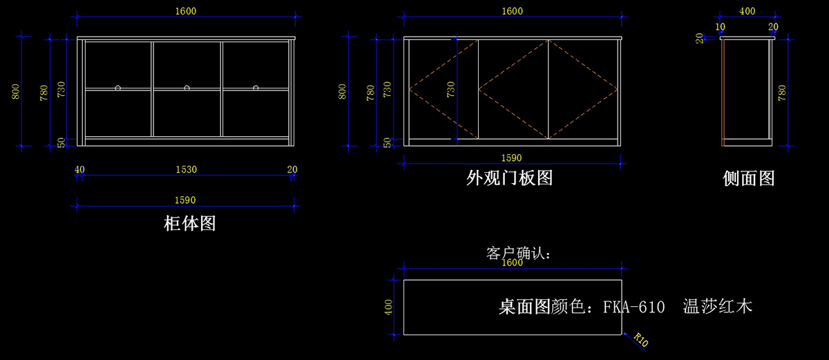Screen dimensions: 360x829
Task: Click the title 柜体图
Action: click(189, 224)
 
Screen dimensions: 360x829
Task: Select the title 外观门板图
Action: click(509, 178)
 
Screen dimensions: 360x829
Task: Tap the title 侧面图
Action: click(748, 178)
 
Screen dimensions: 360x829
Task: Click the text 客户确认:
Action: click(519, 254)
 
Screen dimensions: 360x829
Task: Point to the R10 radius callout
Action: click(640, 340)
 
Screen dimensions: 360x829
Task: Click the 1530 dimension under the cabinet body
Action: click(186, 169)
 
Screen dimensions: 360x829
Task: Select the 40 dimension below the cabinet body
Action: click(79, 169)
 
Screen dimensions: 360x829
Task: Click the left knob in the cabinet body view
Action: click(118, 88)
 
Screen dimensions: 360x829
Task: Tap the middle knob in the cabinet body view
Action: click(187, 88)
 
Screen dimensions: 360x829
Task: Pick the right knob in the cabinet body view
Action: click(256, 88)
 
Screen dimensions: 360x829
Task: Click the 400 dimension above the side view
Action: click(747, 12)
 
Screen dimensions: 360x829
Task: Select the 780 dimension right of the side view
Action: click(783, 93)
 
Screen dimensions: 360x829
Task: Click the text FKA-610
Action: click(633, 306)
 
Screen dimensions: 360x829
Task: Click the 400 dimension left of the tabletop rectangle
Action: click(388, 307)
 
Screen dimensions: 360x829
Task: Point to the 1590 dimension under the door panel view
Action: click(511, 158)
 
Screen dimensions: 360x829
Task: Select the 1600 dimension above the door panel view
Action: click(512, 11)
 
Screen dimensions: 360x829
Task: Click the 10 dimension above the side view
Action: click(721, 27)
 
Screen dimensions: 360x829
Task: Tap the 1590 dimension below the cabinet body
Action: click(185, 200)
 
